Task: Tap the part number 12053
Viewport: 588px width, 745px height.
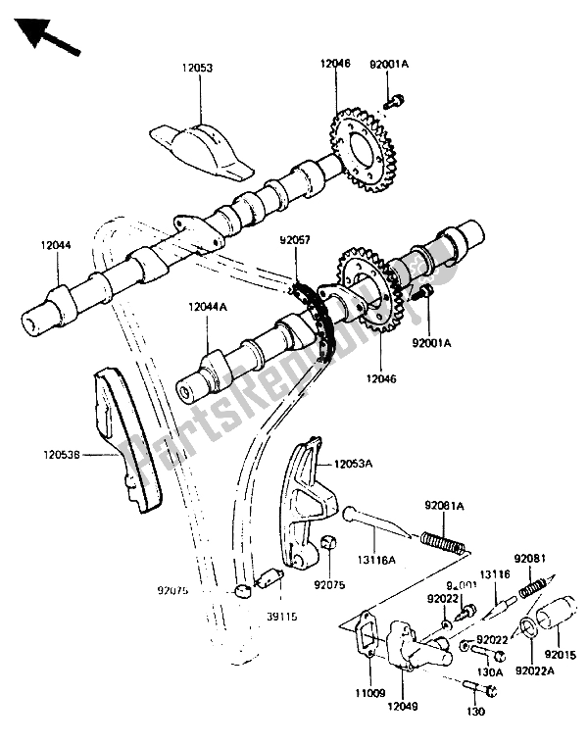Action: [x=200, y=70]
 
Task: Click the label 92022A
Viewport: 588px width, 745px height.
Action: [x=530, y=670]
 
